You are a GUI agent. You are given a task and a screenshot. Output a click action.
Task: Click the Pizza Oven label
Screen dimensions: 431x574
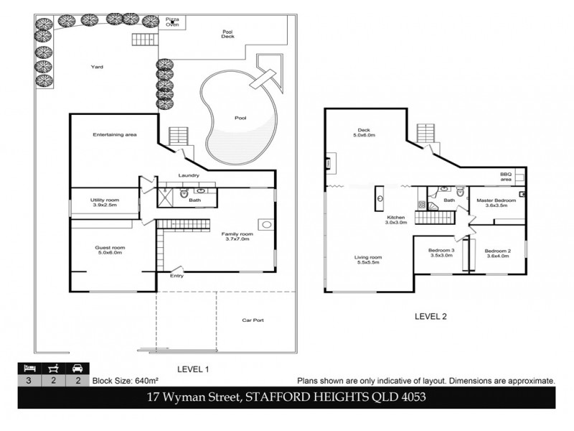tap(172, 22)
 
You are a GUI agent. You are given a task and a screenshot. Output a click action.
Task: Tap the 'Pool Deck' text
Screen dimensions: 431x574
tap(227, 33)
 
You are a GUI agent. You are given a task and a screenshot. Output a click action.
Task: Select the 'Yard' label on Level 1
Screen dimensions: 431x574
tap(97, 67)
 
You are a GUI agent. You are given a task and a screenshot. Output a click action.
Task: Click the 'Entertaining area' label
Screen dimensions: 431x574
tap(115, 134)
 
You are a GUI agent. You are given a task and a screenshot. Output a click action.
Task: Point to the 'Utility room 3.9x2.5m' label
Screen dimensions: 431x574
tap(104, 203)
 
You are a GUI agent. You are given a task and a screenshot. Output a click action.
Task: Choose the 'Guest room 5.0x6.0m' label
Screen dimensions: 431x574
tap(110, 250)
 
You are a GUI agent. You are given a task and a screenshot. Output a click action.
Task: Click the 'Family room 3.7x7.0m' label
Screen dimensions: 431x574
tap(237, 236)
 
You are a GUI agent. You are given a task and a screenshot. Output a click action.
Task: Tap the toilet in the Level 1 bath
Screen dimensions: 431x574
tap(184, 193)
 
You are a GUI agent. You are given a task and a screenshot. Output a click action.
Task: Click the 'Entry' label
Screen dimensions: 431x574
tap(176, 275)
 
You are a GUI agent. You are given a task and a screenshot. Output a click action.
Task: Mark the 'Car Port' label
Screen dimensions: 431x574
tap(253, 320)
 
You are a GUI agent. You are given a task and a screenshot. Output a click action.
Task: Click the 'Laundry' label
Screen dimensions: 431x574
tap(189, 175)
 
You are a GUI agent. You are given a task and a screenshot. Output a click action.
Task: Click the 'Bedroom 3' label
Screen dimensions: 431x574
tap(441, 252)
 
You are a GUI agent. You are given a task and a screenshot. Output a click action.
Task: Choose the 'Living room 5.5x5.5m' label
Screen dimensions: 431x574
tap(368, 259)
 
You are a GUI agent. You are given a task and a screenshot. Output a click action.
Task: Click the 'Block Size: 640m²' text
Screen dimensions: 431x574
tap(119, 381)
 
